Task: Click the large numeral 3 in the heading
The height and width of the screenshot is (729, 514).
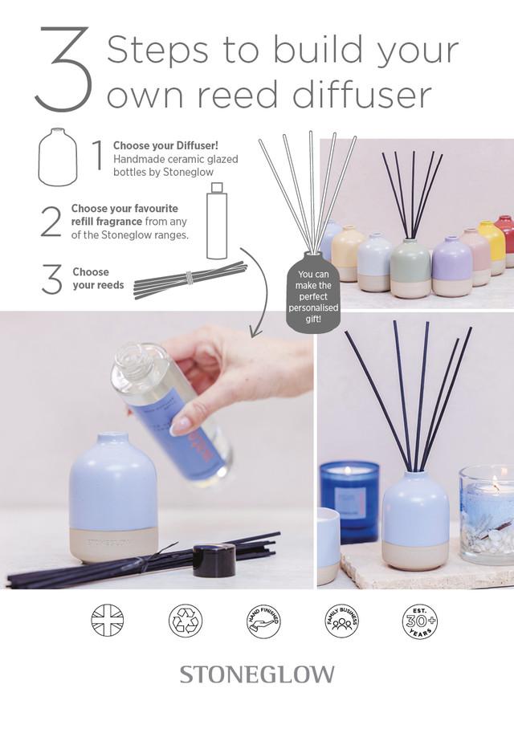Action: [62, 70]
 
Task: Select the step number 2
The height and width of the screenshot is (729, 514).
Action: [51, 221]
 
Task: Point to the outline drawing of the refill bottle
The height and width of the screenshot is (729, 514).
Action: [216, 222]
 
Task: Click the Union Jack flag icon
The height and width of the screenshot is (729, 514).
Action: [108, 620]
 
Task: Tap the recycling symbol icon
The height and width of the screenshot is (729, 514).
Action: [186, 620]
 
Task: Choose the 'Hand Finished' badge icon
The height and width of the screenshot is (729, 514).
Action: [263, 620]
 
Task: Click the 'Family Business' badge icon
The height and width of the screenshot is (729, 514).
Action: [341, 620]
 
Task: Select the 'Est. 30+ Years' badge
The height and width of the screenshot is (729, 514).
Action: [419, 620]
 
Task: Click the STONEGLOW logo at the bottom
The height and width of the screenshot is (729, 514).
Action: [257, 674]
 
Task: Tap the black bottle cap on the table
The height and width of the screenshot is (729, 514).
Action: [214, 559]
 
